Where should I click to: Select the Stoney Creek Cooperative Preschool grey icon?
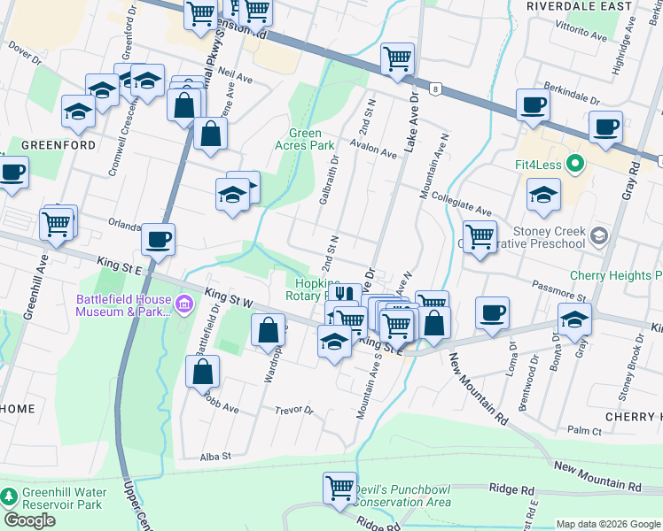600,235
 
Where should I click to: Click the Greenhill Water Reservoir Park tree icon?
10,498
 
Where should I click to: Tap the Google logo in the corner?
29,520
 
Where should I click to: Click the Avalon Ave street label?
373,147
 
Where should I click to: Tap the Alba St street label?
214,456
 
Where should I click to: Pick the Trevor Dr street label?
294,410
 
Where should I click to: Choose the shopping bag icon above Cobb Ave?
203,372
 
